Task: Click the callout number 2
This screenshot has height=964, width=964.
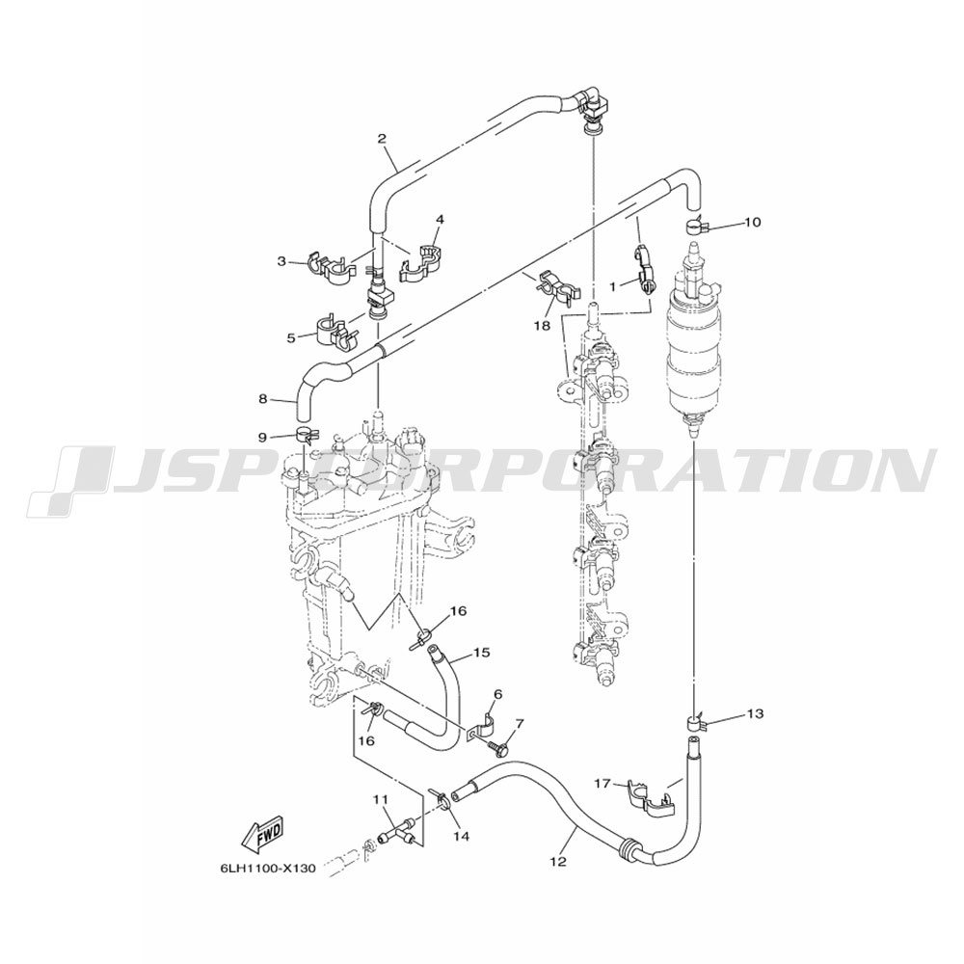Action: [x=382, y=138]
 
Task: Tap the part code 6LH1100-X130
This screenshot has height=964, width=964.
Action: [x=267, y=869]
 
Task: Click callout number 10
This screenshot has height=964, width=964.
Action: [x=753, y=222]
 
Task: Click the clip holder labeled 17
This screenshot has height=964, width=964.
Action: [x=649, y=797]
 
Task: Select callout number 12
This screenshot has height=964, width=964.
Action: [x=558, y=862]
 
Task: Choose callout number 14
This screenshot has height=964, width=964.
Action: [x=462, y=836]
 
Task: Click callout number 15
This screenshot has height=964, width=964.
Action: [x=482, y=653]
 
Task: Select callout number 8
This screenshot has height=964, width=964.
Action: [x=262, y=399]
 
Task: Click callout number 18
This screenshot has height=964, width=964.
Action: [x=542, y=325]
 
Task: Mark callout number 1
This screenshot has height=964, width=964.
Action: [x=612, y=285]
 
